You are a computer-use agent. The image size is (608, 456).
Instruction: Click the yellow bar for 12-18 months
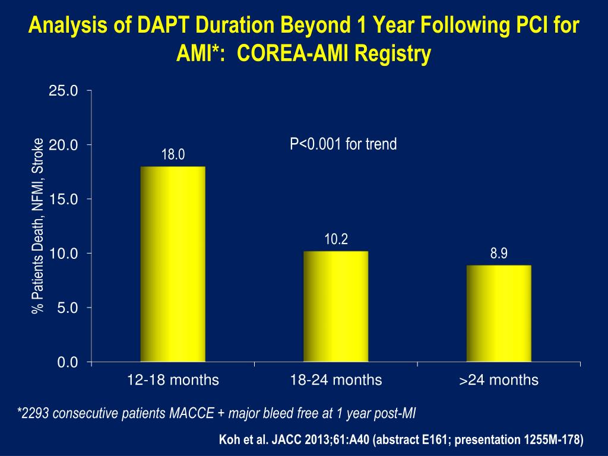(173, 264)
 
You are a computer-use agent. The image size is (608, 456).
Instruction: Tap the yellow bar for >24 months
(499, 313)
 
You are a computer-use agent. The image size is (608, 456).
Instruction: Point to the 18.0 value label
(173, 156)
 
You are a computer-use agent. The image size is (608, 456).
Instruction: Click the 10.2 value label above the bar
(335, 240)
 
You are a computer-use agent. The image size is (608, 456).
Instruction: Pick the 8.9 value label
(499, 254)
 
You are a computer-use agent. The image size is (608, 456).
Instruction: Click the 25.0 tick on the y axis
(64, 91)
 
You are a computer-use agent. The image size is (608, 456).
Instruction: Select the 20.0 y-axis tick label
(64, 145)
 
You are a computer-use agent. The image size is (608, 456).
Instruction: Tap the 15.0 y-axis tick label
(64, 199)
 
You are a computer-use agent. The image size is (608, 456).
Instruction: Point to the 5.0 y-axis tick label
(66, 308)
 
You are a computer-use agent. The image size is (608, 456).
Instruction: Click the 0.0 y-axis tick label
(66, 363)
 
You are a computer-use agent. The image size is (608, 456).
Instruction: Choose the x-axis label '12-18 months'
(173, 380)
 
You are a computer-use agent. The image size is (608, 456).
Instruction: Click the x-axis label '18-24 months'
(335, 380)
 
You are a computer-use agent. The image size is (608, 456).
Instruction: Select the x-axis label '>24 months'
(499, 380)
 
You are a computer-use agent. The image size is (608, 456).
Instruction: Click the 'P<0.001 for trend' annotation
(343, 144)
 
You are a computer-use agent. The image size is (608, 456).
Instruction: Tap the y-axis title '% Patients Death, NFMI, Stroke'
(39, 226)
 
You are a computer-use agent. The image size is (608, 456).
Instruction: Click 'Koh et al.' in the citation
(244, 440)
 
